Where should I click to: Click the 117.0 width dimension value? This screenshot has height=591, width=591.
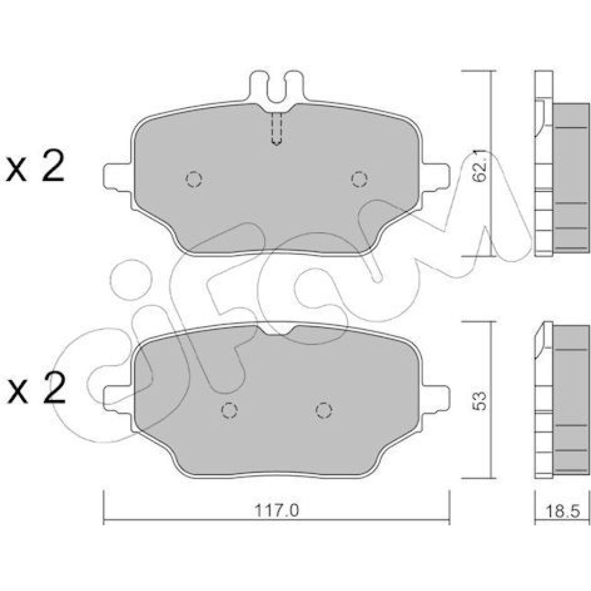[x=277, y=511]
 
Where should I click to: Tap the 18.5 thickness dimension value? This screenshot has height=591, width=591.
[x=562, y=511]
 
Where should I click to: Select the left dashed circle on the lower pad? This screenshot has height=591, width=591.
[x=229, y=410]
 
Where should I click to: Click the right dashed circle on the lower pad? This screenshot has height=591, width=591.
[x=324, y=410]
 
